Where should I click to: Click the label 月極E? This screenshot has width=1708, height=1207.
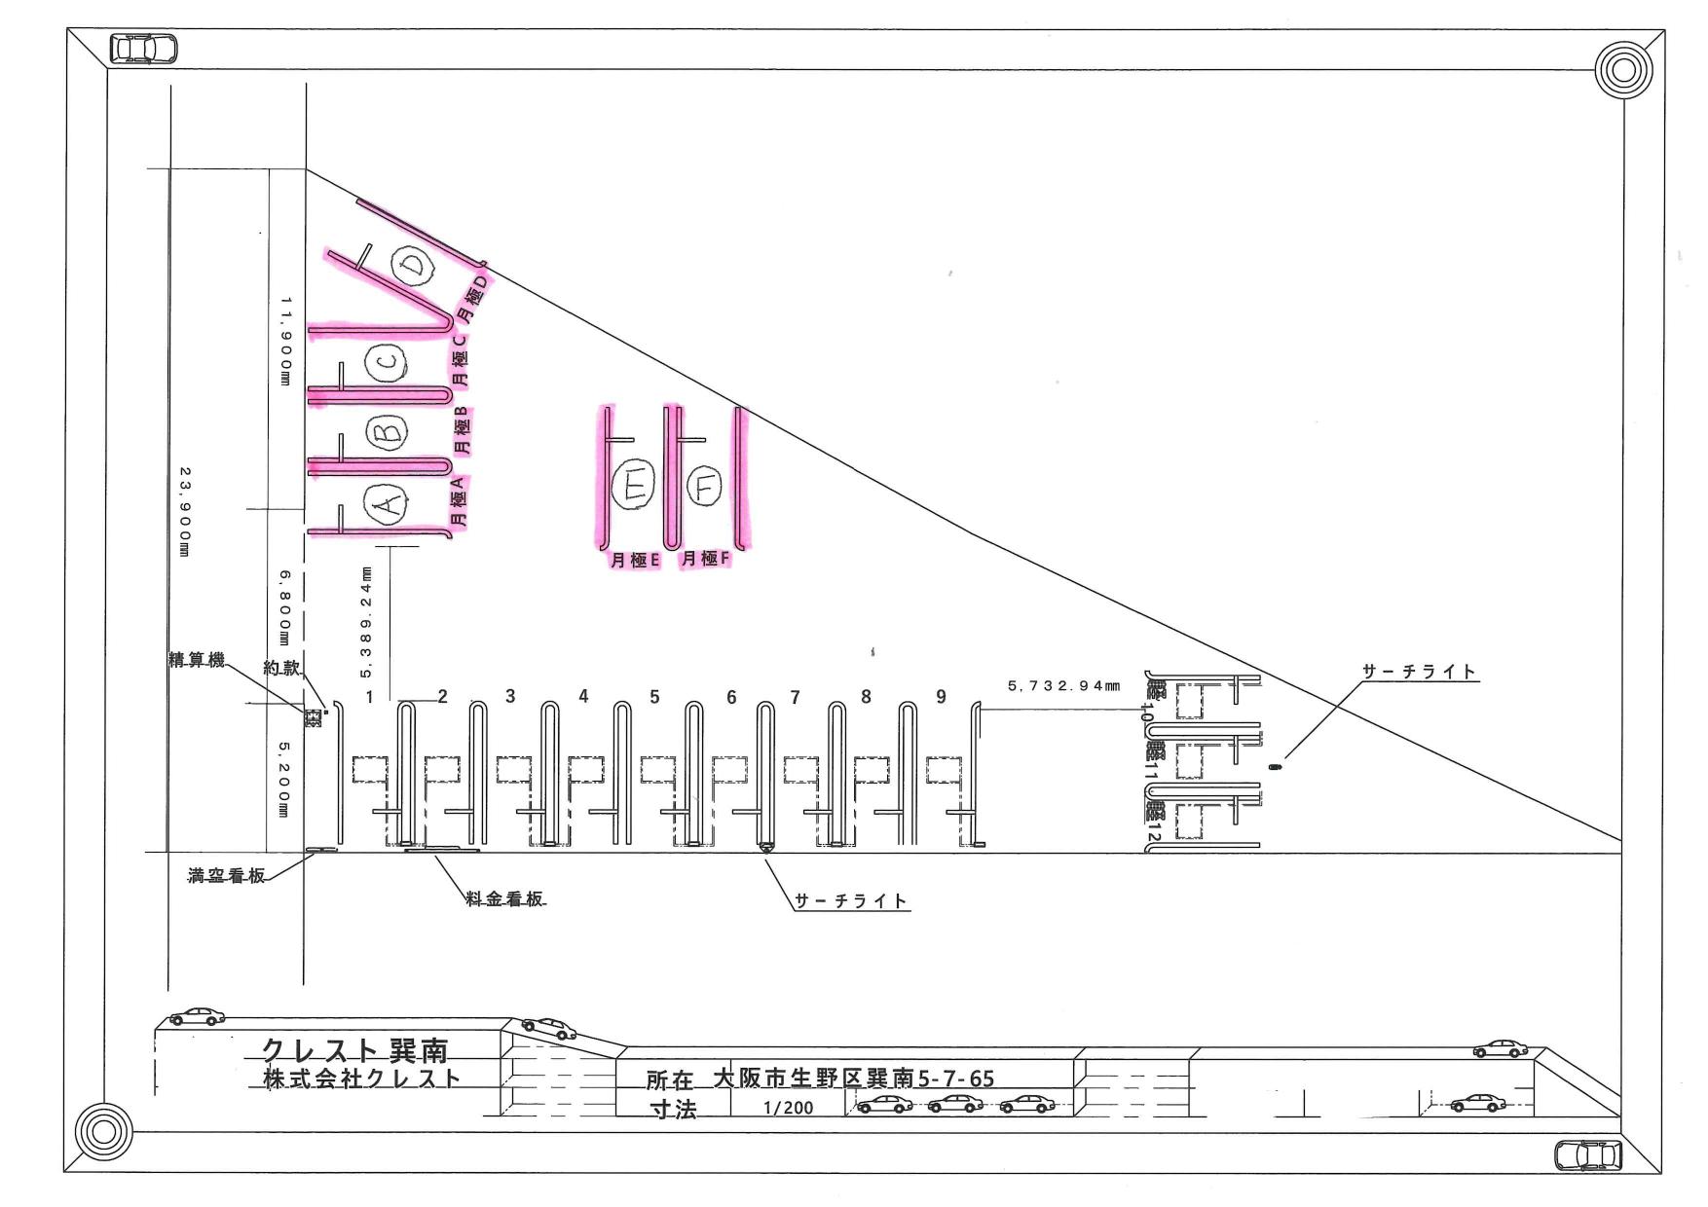tap(635, 560)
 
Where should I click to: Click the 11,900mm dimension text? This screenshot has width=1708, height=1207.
tap(285, 342)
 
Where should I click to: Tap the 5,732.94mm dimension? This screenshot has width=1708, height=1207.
tap(1063, 686)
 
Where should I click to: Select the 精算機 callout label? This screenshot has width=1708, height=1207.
tap(196, 661)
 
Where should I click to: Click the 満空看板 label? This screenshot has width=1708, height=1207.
tap(226, 876)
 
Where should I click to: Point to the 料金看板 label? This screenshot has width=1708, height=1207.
tap(503, 899)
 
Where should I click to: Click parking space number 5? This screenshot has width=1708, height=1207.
tap(654, 697)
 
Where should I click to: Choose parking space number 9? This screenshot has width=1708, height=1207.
tap(941, 697)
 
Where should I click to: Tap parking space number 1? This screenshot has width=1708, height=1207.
tap(370, 697)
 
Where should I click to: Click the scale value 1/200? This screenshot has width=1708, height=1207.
tap(789, 1108)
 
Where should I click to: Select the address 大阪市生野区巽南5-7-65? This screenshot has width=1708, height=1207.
tap(853, 1078)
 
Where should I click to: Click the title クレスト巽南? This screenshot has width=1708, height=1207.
tap(355, 1050)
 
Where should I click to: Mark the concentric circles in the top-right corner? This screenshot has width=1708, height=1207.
tap(1623, 69)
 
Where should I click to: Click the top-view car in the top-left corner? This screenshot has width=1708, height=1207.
tap(144, 48)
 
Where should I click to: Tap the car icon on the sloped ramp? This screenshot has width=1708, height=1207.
tap(548, 1028)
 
